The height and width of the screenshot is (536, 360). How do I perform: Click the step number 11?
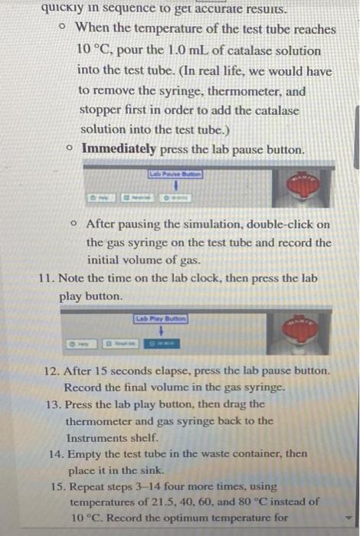[45, 279]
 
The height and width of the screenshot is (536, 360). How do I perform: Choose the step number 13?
[53, 404]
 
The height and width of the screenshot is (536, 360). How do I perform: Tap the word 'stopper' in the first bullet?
[100, 110]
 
